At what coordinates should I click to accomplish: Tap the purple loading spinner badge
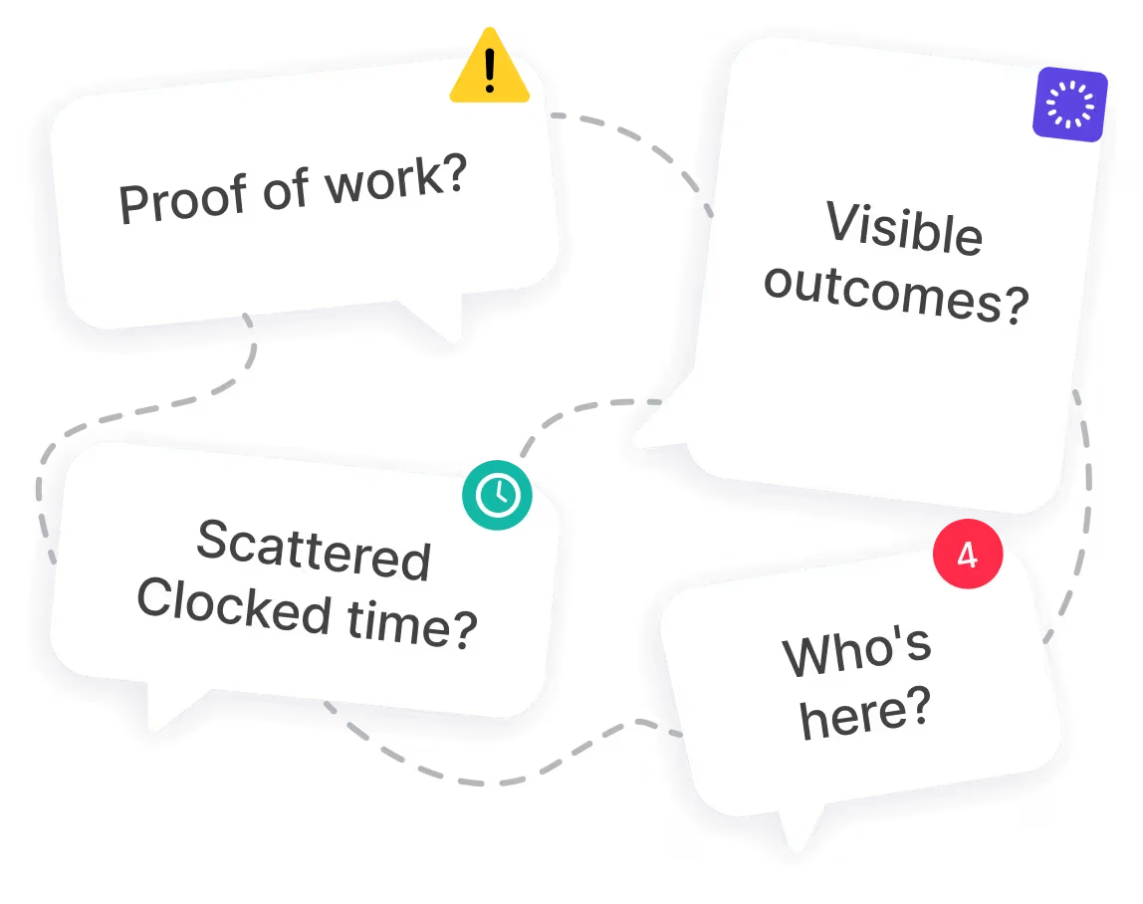(x=1070, y=105)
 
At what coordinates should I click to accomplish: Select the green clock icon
(x=497, y=494)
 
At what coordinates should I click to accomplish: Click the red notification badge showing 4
(x=967, y=555)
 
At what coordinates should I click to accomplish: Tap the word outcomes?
(x=895, y=295)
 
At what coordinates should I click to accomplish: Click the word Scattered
(x=314, y=552)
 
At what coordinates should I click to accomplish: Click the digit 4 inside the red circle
(x=967, y=555)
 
